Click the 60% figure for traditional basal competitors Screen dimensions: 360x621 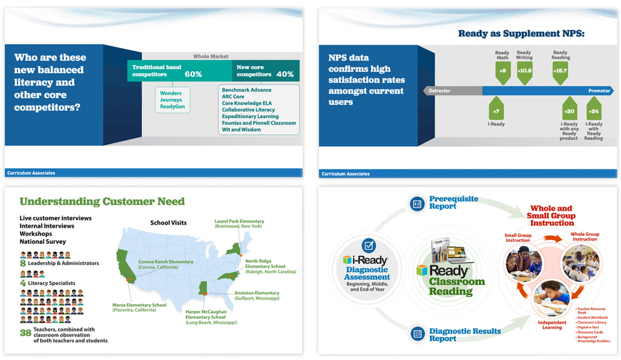pyautogui.click(x=193, y=74)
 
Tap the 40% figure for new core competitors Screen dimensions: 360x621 pyautogui.click(x=285, y=74)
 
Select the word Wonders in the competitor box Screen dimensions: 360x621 pyautogui.click(x=171, y=93)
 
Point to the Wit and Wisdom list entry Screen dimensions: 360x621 pyautogui.click(x=241, y=129)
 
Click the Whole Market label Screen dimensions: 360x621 pyautogui.click(x=210, y=56)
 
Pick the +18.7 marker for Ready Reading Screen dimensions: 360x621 pyautogui.click(x=560, y=71)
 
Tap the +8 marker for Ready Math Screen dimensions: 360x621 pyautogui.click(x=503, y=71)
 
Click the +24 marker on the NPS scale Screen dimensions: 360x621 pyautogui.click(x=594, y=111)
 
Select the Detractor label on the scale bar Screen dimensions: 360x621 pyautogui.click(x=439, y=91)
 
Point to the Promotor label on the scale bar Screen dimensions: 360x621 pyautogui.click(x=599, y=91)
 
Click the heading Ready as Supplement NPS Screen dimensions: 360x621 pyautogui.click(x=521, y=33)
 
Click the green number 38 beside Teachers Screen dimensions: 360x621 pyautogui.click(x=25, y=333)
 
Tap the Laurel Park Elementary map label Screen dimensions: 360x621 pyautogui.click(x=239, y=224)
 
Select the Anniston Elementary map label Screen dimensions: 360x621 pyautogui.click(x=257, y=295)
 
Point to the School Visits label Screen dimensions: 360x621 pyautogui.click(x=168, y=223)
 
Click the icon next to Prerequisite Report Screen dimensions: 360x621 pyautogui.click(x=417, y=204)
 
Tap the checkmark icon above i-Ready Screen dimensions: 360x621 pyautogui.click(x=369, y=245)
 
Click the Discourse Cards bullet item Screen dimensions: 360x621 pyautogui.click(x=590, y=332)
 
